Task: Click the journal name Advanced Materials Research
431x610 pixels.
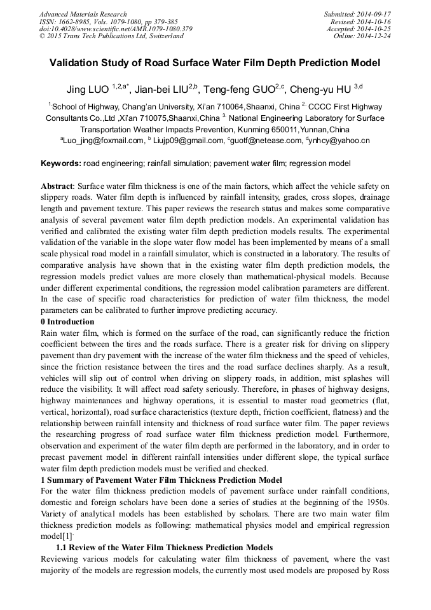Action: coord(83,14)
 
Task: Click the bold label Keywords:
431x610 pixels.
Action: coord(61,164)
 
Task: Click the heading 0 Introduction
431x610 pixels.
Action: coord(67,322)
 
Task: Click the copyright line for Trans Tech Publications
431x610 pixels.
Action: coord(111,36)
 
